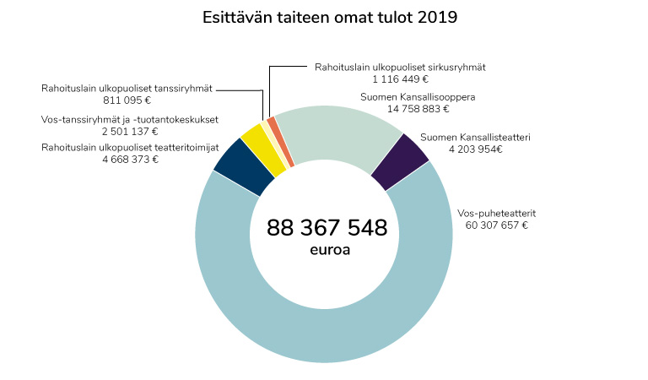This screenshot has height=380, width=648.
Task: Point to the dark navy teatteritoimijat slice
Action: pyautogui.click(x=232, y=164)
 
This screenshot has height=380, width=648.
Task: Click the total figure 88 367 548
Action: pyautogui.click(x=327, y=228)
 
